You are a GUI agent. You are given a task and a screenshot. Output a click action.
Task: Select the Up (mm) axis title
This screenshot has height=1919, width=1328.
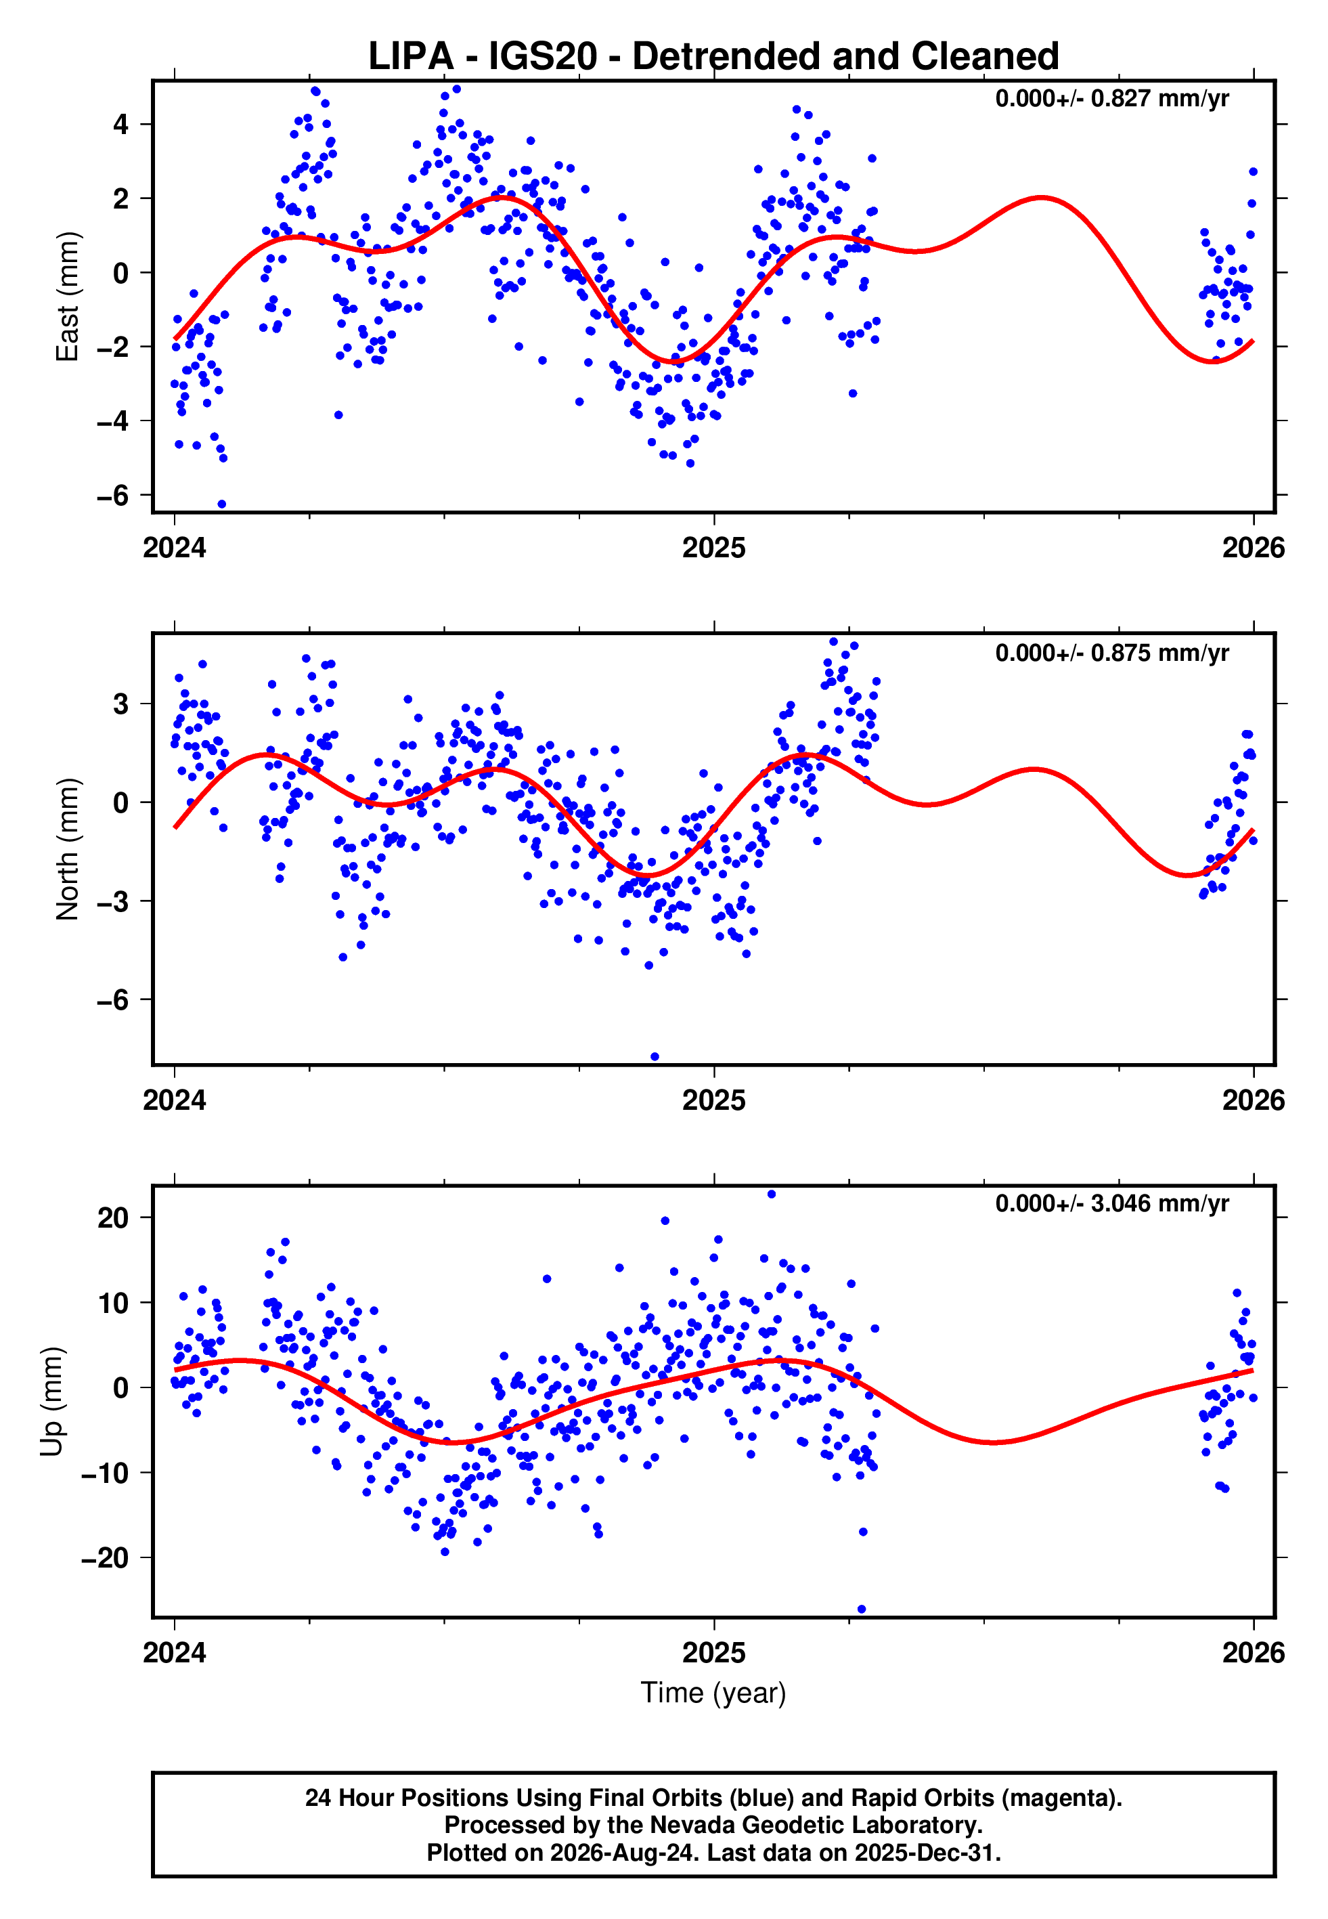click(51, 1402)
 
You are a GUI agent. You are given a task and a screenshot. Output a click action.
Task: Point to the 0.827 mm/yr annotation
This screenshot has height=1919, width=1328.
click(1111, 98)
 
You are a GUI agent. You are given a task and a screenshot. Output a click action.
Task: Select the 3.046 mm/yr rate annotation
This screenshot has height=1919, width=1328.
click(1111, 1203)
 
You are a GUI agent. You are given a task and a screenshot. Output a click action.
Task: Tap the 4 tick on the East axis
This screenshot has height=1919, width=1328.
click(121, 125)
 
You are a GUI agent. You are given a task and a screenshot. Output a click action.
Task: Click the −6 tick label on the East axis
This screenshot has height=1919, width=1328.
click(112, 495)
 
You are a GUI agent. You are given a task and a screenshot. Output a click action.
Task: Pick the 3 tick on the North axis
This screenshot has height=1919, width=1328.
click(121, 704)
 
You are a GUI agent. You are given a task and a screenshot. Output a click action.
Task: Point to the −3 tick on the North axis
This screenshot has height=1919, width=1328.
click(112, 901)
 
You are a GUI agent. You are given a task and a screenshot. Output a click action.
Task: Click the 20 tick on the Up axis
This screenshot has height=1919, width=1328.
click(113, 1218)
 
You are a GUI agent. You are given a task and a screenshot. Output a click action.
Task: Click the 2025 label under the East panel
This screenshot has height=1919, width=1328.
click(713, 548)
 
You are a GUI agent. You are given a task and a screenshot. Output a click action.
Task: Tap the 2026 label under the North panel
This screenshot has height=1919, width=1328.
click(1253, 1100)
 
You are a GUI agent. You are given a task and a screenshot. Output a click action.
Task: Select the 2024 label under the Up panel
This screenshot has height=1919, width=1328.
click(174, 1653)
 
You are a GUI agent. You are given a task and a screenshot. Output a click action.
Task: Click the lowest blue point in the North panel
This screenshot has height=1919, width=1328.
click(655, 1057)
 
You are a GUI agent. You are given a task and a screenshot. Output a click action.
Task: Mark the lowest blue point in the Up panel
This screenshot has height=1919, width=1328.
click(861, 1610)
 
